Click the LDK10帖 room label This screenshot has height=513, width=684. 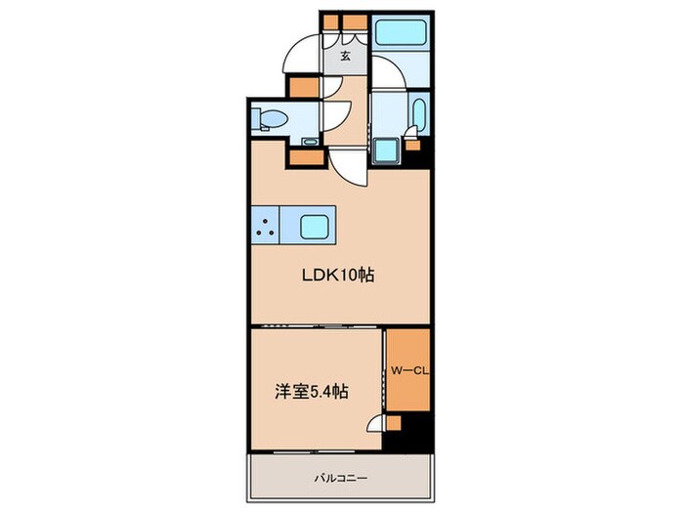pyautogui.click(x=337, y=276)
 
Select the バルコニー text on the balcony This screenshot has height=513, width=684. pyautogui.click(x=340, y=478)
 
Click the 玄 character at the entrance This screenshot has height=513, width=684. pyautogui.click(x=346, y=56)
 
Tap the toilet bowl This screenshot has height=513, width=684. pyautogui.click(x=271, y=122)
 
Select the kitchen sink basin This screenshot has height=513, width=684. pyautogui.click(x=315, y=228)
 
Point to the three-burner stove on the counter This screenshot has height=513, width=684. pyautogui.click(x=266, y=227)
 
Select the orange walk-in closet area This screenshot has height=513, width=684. pyautogui.click(x=407, y=371)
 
